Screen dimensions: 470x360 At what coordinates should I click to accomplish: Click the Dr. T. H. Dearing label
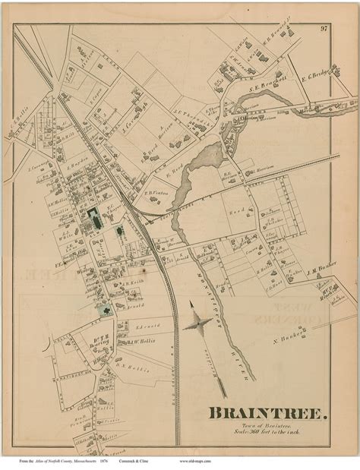pyautogui.click(x=99, y=340)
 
